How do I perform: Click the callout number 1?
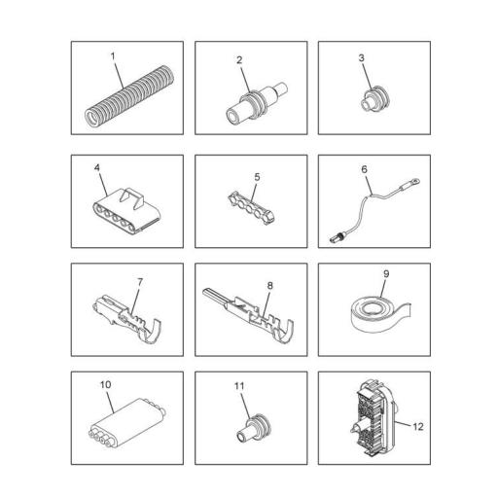coord(113,56)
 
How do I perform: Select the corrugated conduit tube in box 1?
coord(129,96)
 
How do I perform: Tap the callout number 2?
coord(239,60)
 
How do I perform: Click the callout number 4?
coord(97,167)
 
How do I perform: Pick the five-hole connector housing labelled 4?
coord(126,212)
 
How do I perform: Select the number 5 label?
coord(257,177)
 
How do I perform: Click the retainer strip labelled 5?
coord(252,208)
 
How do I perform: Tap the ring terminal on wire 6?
coord(415,181)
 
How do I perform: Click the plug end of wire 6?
coord(336,239)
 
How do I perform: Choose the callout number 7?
coord(140,282)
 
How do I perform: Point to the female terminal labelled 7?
coord(126,318)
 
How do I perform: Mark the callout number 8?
coord(269,285)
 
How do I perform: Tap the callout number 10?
coord(105,384)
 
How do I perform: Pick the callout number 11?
coord(239,386)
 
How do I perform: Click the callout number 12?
coord(418,427)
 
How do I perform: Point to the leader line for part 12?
coord(403,423)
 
